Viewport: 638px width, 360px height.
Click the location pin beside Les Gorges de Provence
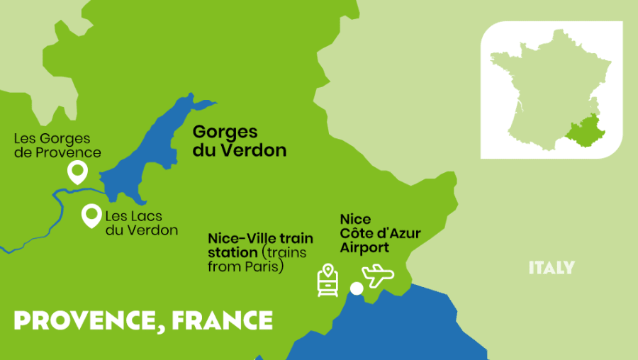click(x=77, y=171)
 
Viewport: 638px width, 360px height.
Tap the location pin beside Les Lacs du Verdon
click(x=91, y=215)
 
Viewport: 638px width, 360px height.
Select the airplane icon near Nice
click(x=377, y=276)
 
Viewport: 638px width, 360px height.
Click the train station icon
click(x=327, y=280)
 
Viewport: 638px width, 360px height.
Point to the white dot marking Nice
click(x=357, y=288)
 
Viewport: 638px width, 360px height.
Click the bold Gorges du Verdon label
click(x=240, y=141)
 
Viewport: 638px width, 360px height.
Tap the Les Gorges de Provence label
click(x=57, y=145)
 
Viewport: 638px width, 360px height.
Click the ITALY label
click(x=551, y=268)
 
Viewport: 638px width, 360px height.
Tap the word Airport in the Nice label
click(x=364, y=247)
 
